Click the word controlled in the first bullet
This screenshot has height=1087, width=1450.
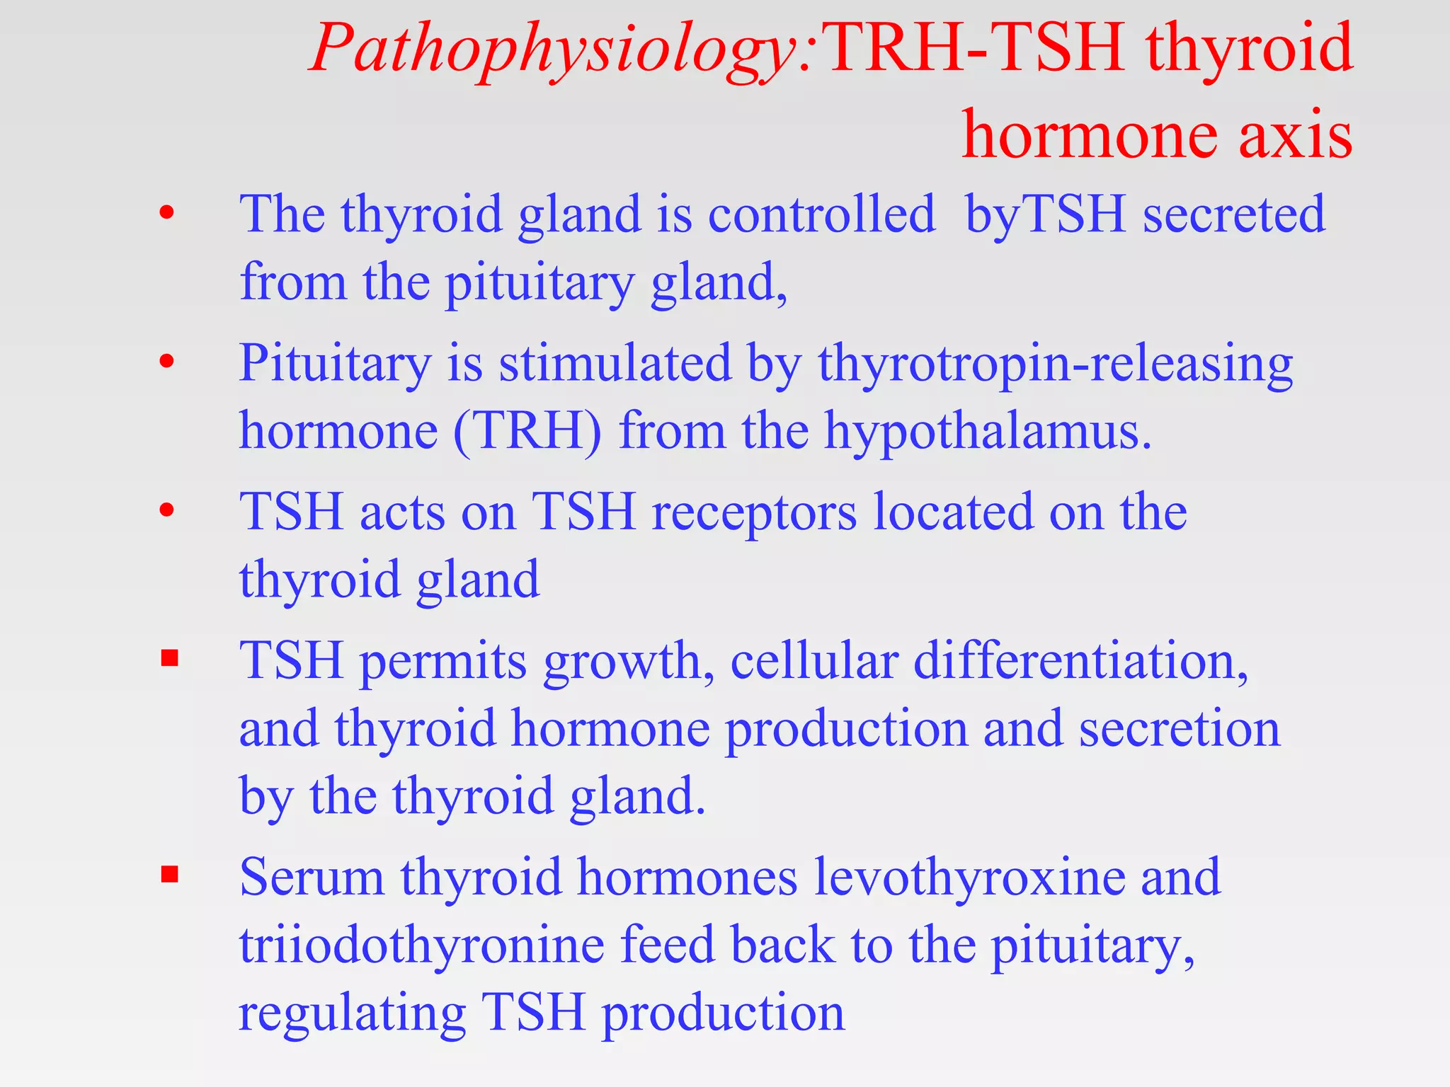[x=821, y=214]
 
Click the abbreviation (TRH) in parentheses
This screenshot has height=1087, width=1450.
[x=527, y=431]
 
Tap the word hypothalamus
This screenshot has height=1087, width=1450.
[x=988, y=431]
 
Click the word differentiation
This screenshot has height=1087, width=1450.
[x=1080, y=661]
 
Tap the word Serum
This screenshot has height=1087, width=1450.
[x=312, y=878]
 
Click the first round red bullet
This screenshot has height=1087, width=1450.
[x=167, y=212]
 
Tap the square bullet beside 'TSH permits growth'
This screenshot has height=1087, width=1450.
[x=169, y=659]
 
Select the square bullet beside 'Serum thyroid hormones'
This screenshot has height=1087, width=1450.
[x=169, y=875]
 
